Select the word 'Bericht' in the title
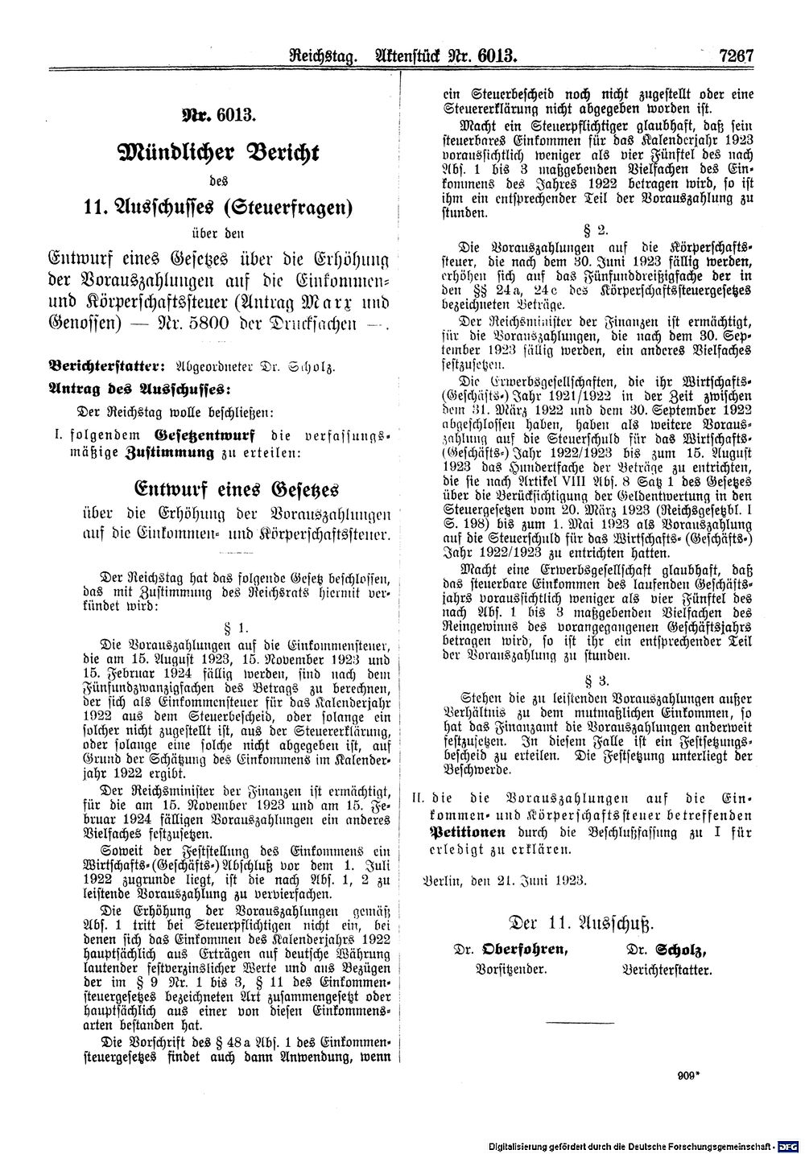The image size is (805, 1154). [x=279, y=153]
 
